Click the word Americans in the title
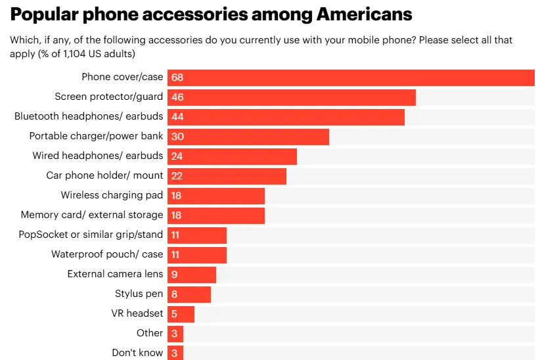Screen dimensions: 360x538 (354, 14)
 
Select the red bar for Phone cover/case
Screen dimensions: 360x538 (351, 78)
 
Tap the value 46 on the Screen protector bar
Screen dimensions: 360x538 (177, 97)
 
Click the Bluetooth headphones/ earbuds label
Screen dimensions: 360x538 (89, 117)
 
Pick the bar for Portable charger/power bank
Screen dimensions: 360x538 (248, 137)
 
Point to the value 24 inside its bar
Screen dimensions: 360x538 (177, 156)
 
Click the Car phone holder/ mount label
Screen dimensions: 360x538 (104, 176)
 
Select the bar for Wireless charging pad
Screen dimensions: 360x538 (216, 196)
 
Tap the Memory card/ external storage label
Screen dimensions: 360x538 (92, 215)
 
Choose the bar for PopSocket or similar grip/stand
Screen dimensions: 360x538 (197, 235)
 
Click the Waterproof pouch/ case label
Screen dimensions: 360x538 (107, 254)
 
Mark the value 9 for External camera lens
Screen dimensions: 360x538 (174, 275)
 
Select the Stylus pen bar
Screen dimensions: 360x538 (189, 294)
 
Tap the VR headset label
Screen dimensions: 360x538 (137, 313)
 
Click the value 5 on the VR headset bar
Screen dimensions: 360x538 (174, 314)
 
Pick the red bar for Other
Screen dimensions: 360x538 (175, 334)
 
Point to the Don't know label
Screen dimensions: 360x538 (137, 353)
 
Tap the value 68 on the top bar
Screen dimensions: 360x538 (177, 78)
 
